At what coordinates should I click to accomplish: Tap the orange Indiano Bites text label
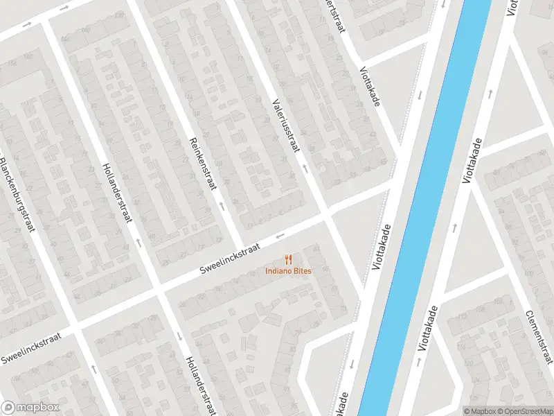tap(288, 270)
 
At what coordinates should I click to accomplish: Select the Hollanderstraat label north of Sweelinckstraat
tap(117, 193)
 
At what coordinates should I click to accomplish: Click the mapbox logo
tap(30, 408)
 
